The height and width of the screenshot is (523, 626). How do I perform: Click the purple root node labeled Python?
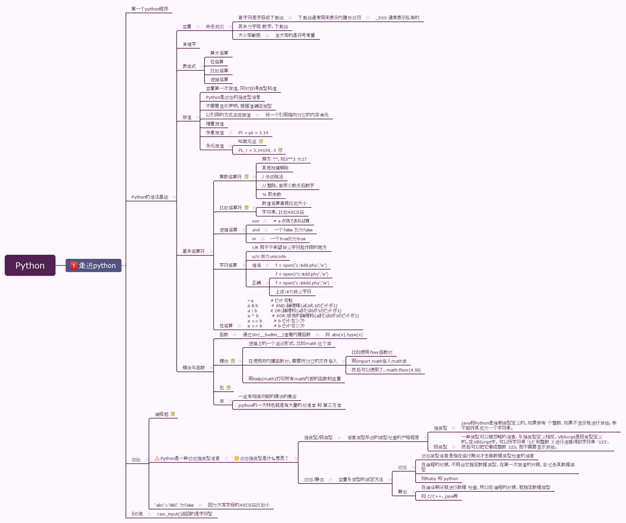(x=30, y=265)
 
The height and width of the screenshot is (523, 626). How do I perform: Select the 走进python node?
(x=97, y=265)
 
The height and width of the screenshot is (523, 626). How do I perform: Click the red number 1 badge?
(x=74, y=265)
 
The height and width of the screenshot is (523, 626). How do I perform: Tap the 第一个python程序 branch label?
(x=150, y=9)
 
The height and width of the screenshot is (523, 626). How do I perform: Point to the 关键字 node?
(x=189, y=44)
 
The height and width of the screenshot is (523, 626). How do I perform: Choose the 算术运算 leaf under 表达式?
(x=219, y=53)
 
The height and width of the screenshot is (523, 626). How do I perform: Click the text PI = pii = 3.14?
(x=253, y=133)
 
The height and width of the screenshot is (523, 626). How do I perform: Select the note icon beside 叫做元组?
(x=261, y=141)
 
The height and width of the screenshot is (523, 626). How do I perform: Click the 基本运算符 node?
(x=193, y=251)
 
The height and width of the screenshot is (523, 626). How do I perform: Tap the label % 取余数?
(x=272, y=194)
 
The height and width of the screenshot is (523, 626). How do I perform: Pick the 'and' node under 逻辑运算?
(x=256, y=230)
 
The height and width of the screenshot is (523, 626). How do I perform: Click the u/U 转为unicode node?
(x=269, y=257)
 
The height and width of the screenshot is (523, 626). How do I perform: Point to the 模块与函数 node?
(x=193, y=368)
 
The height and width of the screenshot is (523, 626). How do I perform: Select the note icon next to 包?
(x=229, y=388)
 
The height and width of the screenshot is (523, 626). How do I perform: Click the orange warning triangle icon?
(x=157, y=458)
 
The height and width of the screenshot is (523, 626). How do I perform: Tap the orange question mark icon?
(x=236, y=458)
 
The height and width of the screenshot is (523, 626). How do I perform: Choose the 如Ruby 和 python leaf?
(x=440, y=479)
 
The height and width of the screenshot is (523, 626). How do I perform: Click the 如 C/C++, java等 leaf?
(x=439, y=496)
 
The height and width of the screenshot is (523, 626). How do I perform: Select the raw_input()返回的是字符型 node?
(x=185, y=514)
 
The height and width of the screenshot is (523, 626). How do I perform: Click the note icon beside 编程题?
(x=173, y=414)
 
